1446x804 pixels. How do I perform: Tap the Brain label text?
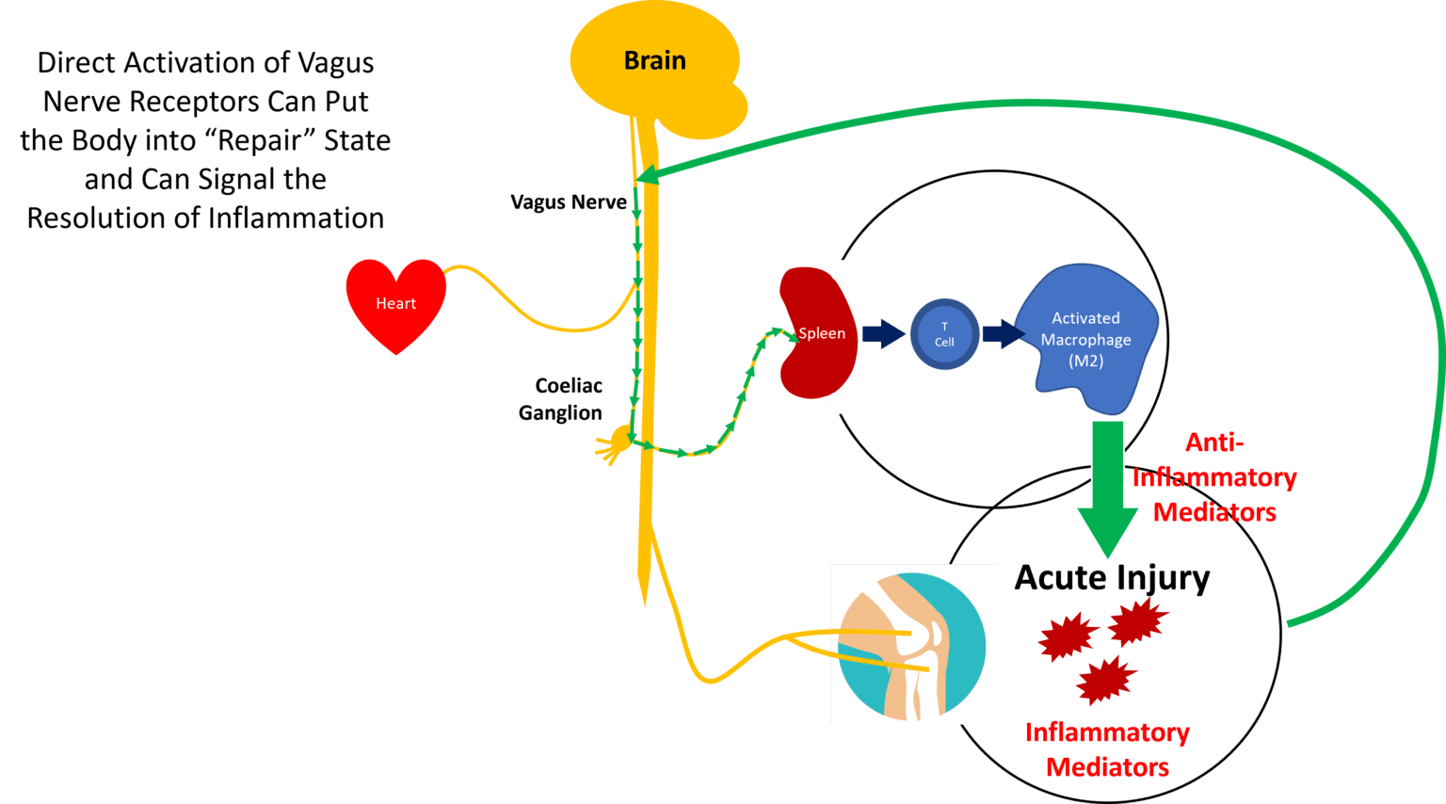pos(655,60)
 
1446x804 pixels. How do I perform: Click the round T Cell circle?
pos(944,334)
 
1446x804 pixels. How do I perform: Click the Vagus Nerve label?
pos(568,202)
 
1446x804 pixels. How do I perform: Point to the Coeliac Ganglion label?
pos(563,399)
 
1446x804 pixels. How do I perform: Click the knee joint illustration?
pos(913,644)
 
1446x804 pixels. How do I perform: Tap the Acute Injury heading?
pos(1112,577)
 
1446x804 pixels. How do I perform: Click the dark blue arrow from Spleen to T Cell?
pos(883,333)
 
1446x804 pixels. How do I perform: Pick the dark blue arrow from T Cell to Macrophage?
pos(1003,333)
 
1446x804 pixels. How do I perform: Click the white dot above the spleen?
pos(842,271)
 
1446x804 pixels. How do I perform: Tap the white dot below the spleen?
pos(837,404)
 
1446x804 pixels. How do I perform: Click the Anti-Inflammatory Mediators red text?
pos(1214,477)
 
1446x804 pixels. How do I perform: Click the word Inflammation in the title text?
pos(296,218)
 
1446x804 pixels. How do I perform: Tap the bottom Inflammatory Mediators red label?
pos(1107,749)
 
